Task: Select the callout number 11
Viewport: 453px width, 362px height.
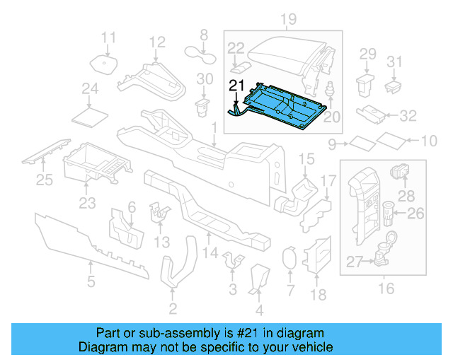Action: [108, 37]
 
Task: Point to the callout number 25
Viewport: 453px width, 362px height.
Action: [45, 181]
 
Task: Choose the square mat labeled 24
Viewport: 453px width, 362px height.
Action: [91, 114]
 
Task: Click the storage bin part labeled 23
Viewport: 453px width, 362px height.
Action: [95, 164]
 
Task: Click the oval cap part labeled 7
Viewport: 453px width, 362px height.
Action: [289, 258]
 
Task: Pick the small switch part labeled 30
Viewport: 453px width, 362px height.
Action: [203, 106]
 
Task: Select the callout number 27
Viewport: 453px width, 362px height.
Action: [354, 262]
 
